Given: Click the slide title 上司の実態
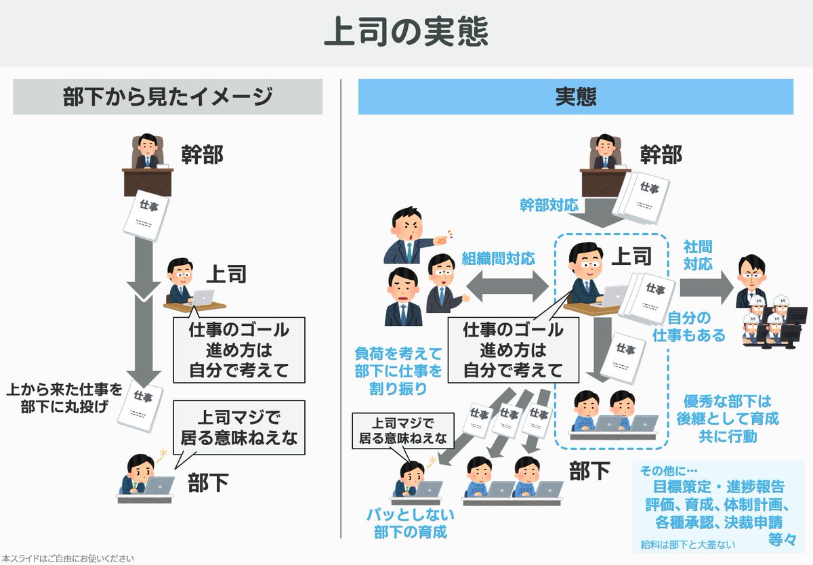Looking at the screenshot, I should (x=406, y=32).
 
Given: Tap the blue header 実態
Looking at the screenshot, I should (x=575, y=97).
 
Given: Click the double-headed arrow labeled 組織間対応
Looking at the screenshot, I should (x=505, y=287).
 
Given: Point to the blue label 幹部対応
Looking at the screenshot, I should (x=549, y=204).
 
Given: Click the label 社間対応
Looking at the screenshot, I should (x=698, y=255).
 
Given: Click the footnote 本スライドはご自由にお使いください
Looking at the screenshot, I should (x=68, y=558).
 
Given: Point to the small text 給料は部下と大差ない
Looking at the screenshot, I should (x=688, y=544).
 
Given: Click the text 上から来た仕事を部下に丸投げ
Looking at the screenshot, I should (x=64, y=398).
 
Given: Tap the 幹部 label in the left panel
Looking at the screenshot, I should (x=202, y=155).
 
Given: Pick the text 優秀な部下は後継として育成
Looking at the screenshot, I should (x=728, y=409).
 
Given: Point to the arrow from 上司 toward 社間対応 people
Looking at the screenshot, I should (x=707, y=287).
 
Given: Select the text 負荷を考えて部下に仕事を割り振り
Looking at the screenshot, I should (x=398, y=371).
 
